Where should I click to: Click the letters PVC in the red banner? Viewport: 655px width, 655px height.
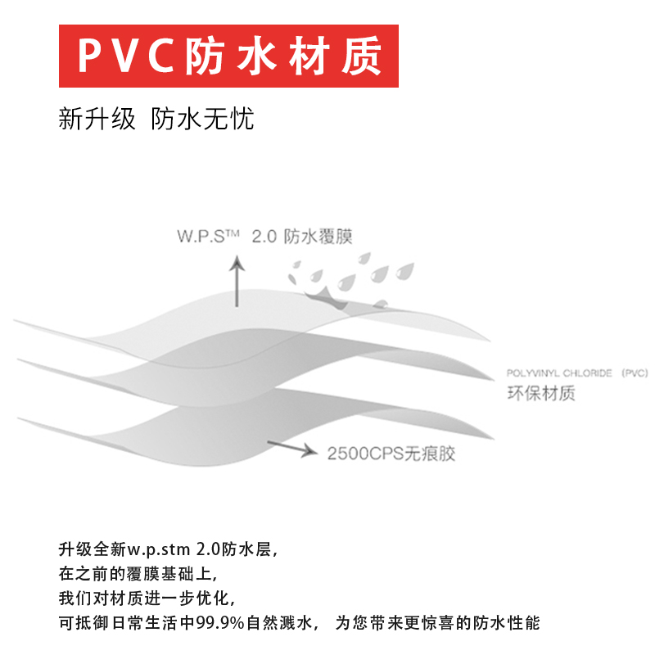point(128,56)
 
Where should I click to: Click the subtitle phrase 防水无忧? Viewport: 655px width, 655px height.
point(203,120)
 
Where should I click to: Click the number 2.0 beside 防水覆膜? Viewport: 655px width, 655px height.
point(264,237)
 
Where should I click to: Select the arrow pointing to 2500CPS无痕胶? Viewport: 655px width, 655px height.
point(291,447)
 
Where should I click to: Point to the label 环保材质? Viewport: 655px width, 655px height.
point(541,394)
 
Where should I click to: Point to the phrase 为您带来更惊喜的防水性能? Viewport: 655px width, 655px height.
point(438,623)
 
